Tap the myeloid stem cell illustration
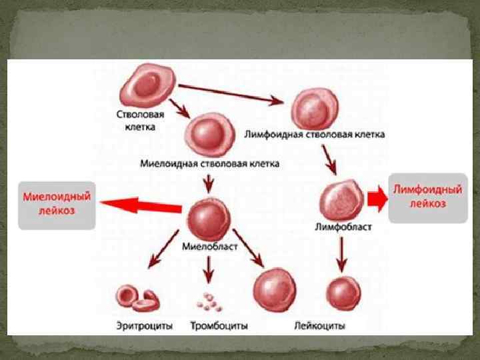click(x=209, y=131)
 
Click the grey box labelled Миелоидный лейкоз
click(x=57, y=205)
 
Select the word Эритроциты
click(x=144, y=326)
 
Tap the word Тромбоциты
click(x=219, y=326)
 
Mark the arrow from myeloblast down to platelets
click(x=209, y=270)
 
